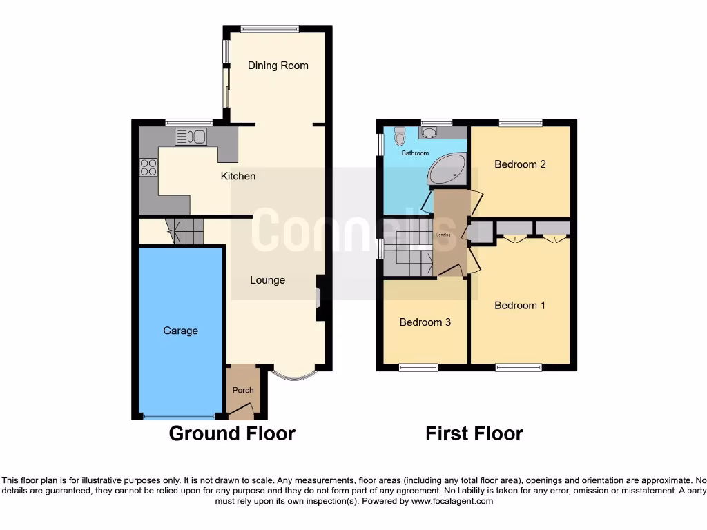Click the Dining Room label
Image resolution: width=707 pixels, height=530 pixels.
278,66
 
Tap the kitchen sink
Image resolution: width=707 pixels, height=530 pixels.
191,137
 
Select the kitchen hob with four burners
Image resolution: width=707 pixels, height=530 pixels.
148,168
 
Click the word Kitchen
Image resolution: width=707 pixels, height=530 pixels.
238,176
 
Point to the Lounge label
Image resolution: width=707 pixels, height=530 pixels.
267,280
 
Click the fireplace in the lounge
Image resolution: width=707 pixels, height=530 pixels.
320,297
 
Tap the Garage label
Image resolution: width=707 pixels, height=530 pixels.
180,331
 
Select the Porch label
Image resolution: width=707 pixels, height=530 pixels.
242,390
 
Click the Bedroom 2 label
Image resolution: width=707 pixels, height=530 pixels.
520,164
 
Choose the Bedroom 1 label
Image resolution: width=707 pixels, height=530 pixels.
520,305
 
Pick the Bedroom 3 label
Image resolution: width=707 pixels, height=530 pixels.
425,322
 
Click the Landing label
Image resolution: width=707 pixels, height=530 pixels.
443,235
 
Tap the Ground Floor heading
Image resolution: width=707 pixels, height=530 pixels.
232,433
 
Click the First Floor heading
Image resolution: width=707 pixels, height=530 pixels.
474,433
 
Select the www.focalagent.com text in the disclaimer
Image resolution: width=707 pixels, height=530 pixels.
452,501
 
